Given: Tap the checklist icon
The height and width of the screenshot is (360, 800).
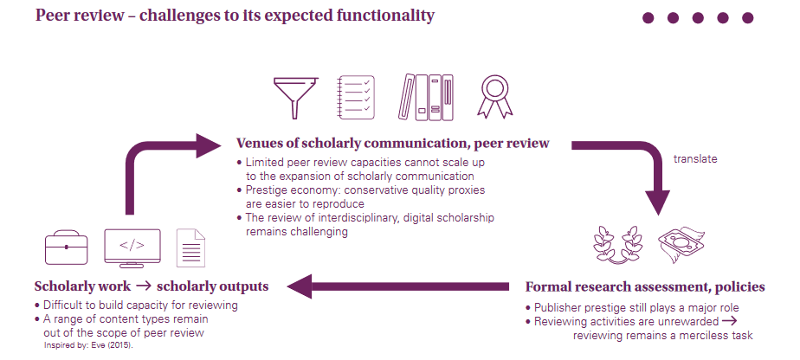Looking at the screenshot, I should [x=355, y=98].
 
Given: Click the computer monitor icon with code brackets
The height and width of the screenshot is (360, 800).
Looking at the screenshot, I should [x=132, y=247].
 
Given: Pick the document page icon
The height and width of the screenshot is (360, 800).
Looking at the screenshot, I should [x=191, y=247].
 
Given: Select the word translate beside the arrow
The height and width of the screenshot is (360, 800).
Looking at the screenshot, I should [x=695, y=159].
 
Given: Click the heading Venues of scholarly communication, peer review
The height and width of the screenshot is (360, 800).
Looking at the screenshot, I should [x=392, y=144].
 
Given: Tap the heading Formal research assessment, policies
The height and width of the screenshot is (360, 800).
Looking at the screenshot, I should [x=645, y=286].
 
